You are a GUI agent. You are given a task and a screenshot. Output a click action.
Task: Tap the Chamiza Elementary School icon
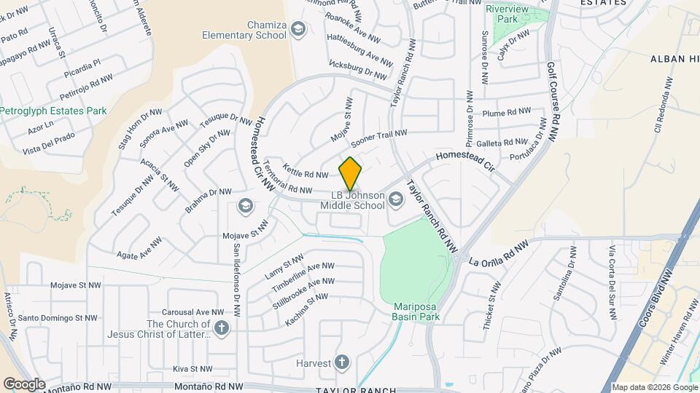297,29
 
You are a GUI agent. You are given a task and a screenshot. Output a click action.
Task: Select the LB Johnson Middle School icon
396,199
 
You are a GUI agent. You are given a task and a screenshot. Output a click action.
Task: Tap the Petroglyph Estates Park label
53,111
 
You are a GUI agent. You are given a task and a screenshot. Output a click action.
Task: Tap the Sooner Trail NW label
379,136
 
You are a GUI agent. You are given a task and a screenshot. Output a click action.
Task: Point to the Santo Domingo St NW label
58,318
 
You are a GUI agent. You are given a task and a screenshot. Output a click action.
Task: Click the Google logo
23,384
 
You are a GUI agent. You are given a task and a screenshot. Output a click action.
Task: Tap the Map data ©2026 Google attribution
654,387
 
